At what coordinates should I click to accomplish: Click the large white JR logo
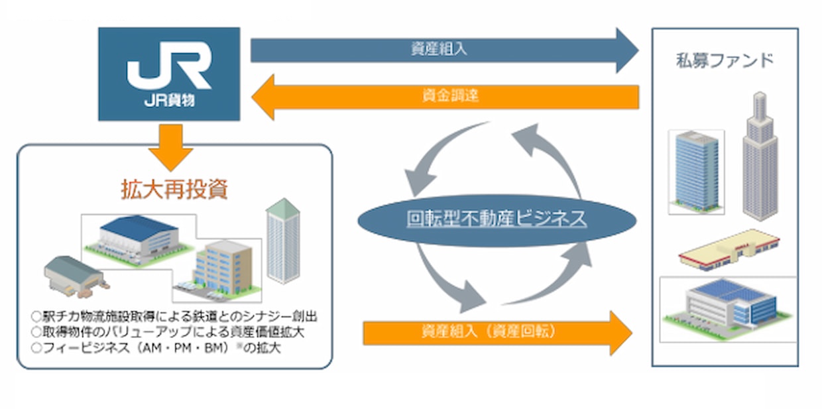coord(169,65)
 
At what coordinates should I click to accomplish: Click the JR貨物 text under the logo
coord(169,100)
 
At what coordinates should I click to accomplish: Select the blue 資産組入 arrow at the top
coord(444,50)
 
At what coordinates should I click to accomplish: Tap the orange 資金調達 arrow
coord(445,97)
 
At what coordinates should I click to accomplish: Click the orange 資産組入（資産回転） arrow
coord(498,333)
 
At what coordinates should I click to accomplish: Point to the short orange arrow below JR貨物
coord(170,147)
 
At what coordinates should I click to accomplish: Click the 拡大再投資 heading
coord(174,190)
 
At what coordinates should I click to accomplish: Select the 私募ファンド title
coord(725,60)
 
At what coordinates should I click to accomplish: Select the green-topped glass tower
coord(282,241)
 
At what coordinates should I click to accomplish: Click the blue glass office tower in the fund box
coord(696,172)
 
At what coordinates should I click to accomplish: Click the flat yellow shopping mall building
coord(729,250)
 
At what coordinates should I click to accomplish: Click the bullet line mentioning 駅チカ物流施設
coord(175,316)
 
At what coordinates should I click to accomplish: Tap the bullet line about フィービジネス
coord(156,348)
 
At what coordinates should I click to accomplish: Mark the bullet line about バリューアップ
coord(168,332)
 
